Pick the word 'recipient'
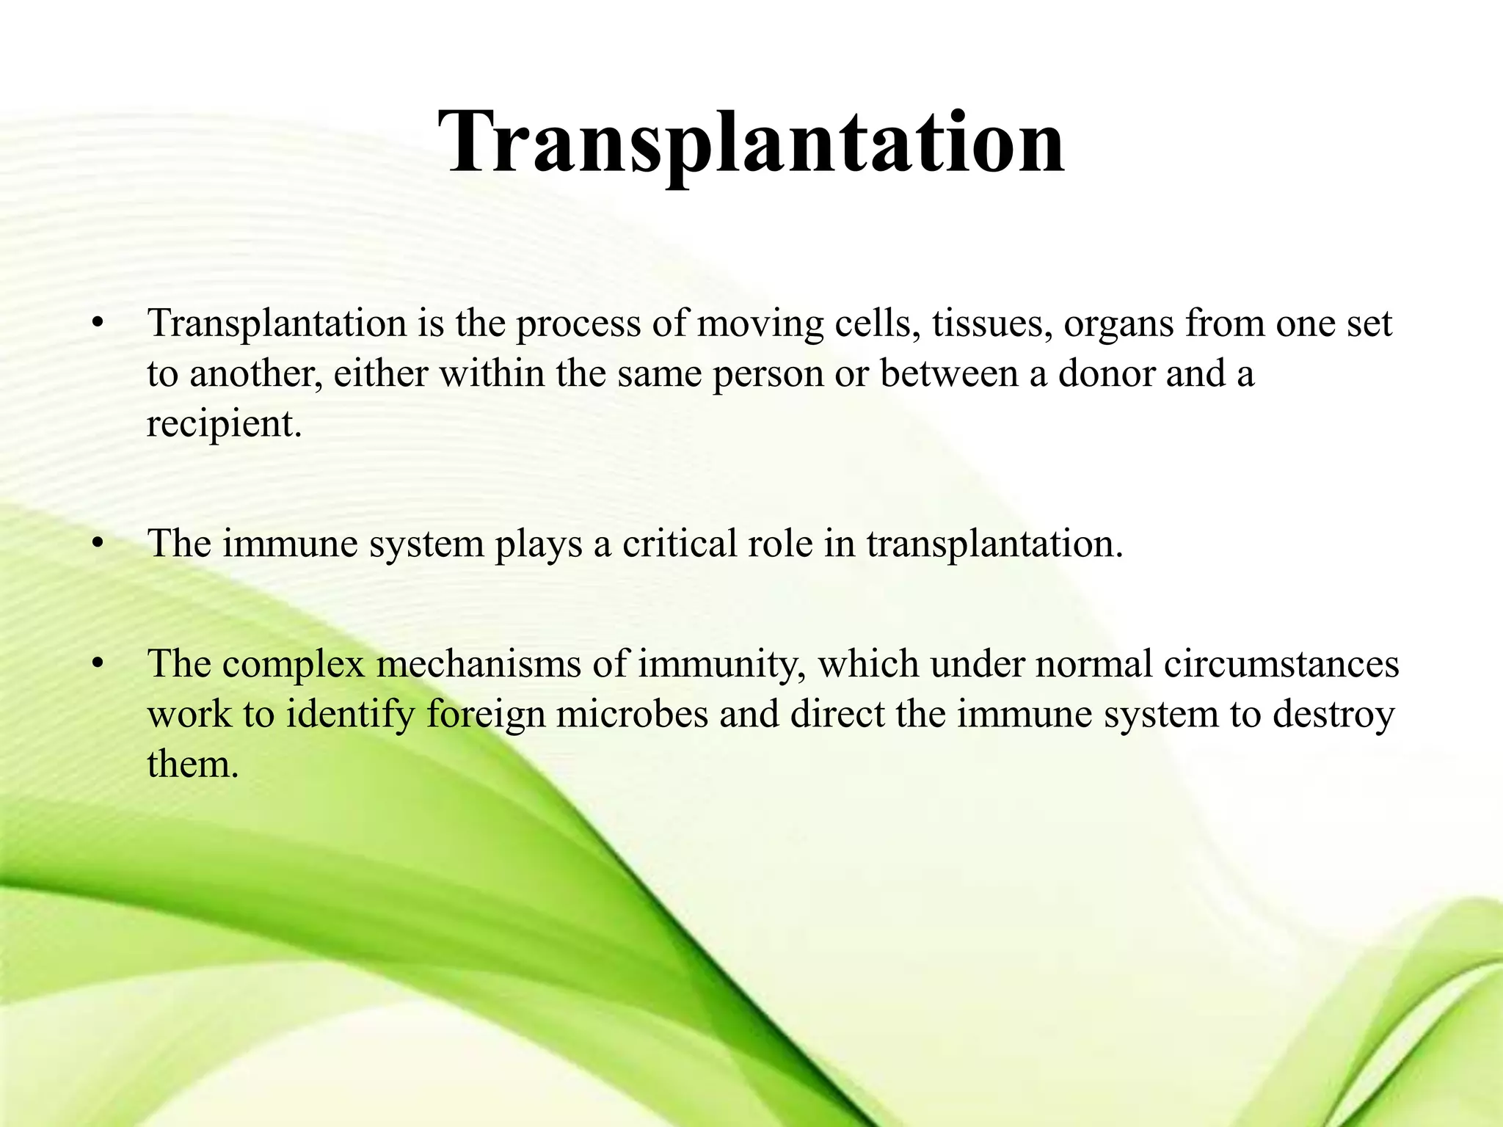[x=223, y=424]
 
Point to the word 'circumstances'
[x=1281, y=664]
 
